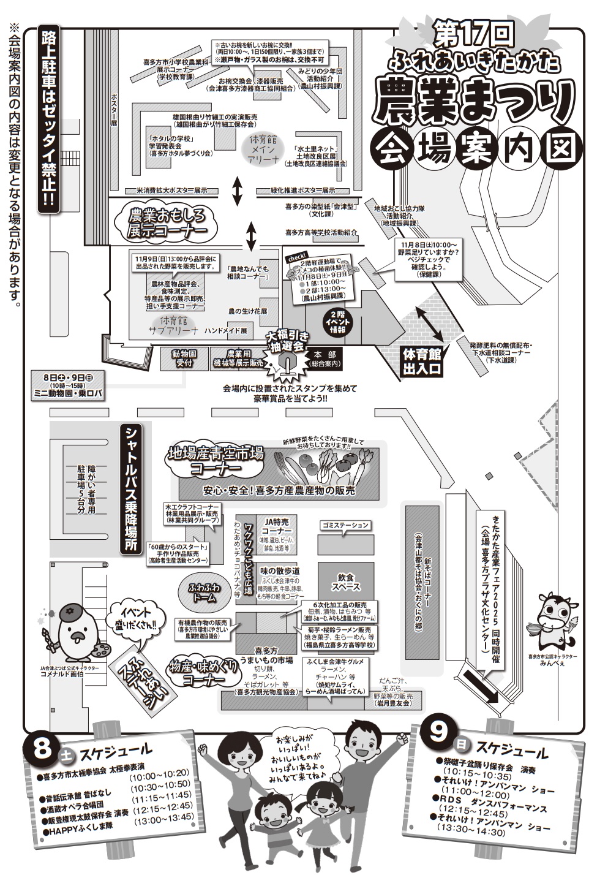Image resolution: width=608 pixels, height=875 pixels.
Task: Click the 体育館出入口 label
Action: point(421,361)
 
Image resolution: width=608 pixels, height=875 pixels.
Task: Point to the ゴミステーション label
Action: point(345,525)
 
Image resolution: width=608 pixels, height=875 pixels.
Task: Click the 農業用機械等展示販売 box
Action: point(236,358)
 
